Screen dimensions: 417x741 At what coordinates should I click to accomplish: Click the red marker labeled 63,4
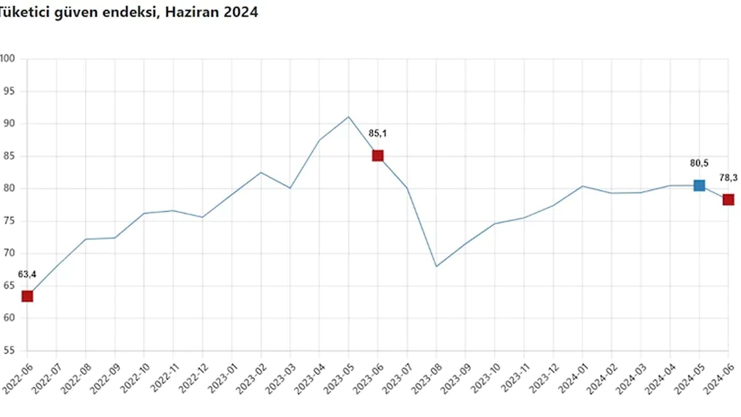click(x=27, y=297)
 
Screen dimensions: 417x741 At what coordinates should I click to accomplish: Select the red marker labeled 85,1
click(x=378, y=155)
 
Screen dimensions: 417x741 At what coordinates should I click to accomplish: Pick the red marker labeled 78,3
click(x=728, y=200)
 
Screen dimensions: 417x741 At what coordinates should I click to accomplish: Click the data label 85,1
click(x=377, y=134)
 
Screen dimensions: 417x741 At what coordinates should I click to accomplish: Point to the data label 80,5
click(x=699, y=163)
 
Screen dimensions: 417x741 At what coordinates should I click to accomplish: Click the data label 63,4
click(x=27, y=274)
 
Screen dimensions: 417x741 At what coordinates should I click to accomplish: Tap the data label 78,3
click(x=728, y=178)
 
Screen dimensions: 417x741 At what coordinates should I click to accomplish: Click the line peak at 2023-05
click(x=349, y=117)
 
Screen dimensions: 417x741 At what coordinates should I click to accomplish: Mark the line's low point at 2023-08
click(x=436, y=266)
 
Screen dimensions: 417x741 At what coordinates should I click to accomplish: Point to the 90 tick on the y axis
click(x=8, y=124)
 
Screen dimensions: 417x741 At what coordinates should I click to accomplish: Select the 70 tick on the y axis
click(x=8, y=254)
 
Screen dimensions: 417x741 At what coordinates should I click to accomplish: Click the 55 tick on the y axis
click(x=8, y=351)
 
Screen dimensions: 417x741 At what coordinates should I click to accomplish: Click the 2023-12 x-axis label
click(x=541, y=376)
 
